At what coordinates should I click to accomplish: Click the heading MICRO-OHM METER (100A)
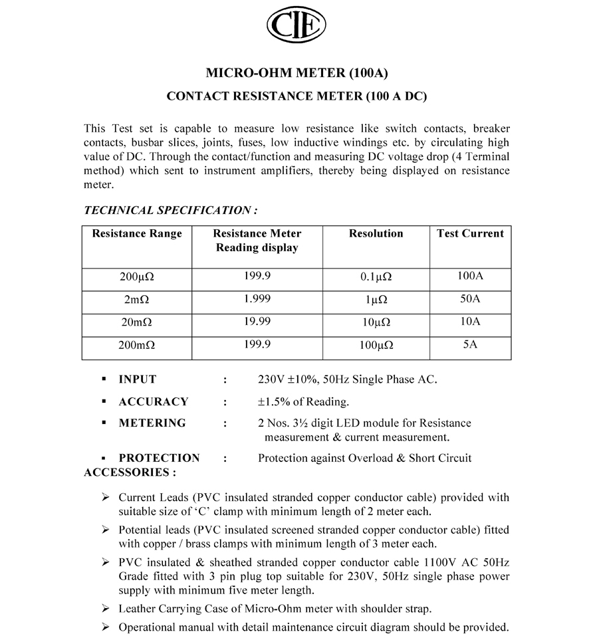click(x=297, y=72)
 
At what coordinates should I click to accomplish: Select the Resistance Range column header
click(x=137, y=234)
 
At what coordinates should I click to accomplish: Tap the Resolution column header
click(x=376, y=234)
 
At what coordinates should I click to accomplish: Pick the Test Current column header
click(x=470, y=234)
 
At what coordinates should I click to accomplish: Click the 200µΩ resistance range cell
click(x=137, y=277)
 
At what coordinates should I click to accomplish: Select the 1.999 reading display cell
click(x=257, y=299)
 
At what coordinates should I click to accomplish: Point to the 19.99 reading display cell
click(x=257, y=322)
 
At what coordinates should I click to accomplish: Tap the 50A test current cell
click(x=470, y=299)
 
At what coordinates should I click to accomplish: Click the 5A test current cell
click(x=470, y=344)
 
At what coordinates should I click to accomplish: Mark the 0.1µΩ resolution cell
click(x=376, y=277)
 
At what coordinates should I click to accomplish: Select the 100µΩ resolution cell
click(x=376, y=346)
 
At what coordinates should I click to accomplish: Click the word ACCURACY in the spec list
click(x=154, y=401)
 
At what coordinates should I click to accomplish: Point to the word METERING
click(x=152, y=423)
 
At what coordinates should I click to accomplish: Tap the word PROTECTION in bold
click(x=159, y=458)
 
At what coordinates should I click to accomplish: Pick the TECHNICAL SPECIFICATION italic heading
click(x=171, y=211)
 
